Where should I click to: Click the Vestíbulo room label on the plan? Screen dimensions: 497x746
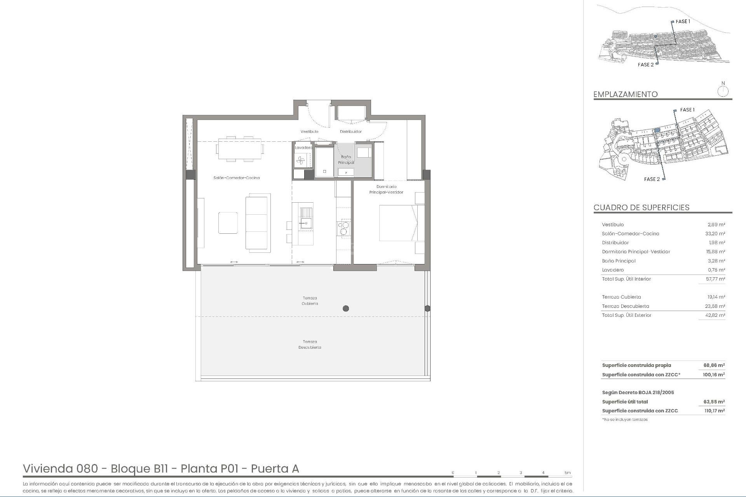pos(309,132)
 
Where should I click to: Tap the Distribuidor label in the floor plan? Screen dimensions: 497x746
pos(350,132)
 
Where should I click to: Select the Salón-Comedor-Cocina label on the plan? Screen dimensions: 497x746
pos(236,178)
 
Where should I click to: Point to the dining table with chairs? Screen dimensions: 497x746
pos(240,149)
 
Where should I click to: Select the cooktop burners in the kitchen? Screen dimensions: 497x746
pos(344,228)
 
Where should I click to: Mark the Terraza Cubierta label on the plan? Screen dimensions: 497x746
pos(310,301)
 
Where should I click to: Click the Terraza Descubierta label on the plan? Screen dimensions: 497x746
pos(310,345)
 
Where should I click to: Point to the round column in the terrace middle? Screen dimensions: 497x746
pos(346,309)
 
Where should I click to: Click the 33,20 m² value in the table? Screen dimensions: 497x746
pos(715,234)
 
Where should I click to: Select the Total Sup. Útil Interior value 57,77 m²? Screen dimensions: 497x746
pos(715,279)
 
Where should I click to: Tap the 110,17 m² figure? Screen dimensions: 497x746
pos(714,411)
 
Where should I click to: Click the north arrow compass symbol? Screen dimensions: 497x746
pos(723,92)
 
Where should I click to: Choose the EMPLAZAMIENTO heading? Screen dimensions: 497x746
pos(625,94)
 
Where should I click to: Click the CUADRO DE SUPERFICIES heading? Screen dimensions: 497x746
pos(641,207)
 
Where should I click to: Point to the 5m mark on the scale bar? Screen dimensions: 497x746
pos(568,473)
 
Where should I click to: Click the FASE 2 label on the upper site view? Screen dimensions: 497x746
pos(645,65)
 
